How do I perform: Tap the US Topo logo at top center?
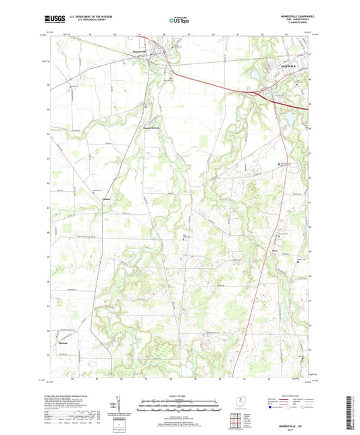click(x=179, y=22)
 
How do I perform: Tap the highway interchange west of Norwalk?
click(x=260, y=95)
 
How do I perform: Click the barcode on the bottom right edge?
click(x=353, y=413)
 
